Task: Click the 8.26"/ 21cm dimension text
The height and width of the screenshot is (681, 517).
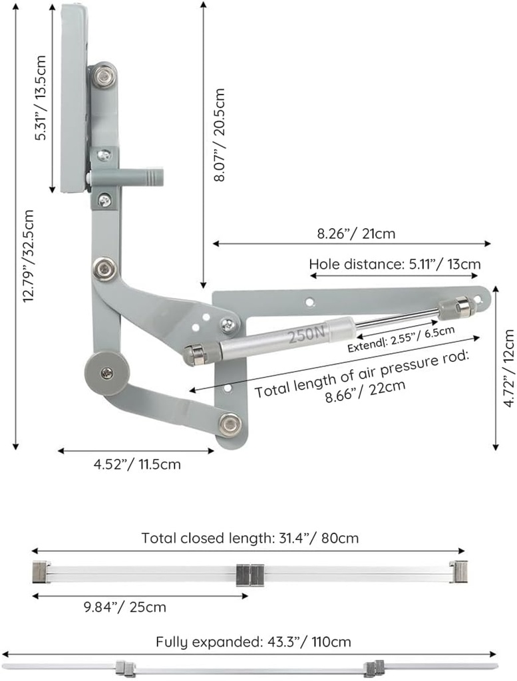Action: coord(356,233)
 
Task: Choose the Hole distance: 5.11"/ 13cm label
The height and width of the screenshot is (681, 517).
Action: coord(394,264)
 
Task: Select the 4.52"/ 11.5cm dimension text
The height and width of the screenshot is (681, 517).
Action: coord(136,464)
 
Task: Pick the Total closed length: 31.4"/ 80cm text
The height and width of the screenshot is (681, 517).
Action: coord(250,538)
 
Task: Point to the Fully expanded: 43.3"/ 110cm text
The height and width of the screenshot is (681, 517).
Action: coord(253,642)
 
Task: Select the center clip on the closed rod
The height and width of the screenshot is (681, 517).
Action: coord(251,573)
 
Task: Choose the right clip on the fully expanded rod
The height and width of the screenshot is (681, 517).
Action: coord(374,667)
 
